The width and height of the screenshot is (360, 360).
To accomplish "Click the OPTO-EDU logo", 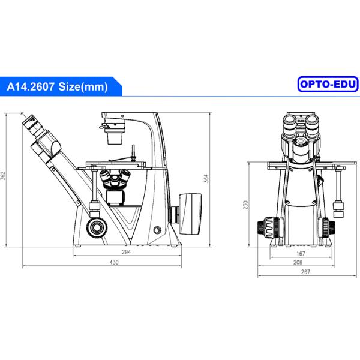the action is coord(328,84).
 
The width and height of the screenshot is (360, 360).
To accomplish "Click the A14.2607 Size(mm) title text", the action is coord(58,86).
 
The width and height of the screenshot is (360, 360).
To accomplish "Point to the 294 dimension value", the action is coord(126,252).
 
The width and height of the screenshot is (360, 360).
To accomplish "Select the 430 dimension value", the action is coord(114,262).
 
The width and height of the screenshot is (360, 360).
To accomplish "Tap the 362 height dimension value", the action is coord(3,176).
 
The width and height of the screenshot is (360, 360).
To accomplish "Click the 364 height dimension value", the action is coord(206,178).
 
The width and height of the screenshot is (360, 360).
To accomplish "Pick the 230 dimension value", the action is coord(245,205).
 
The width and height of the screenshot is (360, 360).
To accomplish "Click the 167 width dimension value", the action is coord(301,253).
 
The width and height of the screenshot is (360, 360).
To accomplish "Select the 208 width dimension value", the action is coord(298,262).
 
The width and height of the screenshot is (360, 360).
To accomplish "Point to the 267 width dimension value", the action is coord(305,272).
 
